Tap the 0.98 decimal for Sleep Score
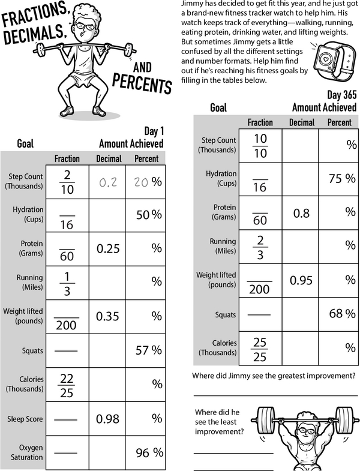pyautogui.click(x=109, y=419)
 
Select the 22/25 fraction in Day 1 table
pyautogui.click(x=67, y=384)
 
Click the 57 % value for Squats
pyautogui.click(x=149, y=350)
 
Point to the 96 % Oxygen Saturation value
pyautogui.click(x=149, y=453)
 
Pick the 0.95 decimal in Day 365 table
pyautogui.click(x=301, y=280)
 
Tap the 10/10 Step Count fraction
pyautogui.click(x=260, y=145)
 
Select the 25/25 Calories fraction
pyautogui.click(x=260, y=348)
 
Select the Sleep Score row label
pyautogui.click(x=25, y=419)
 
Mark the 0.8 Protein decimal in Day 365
pyautogui.click(x=301, y=212)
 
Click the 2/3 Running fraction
pyautogui.click(x=260, y=246)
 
